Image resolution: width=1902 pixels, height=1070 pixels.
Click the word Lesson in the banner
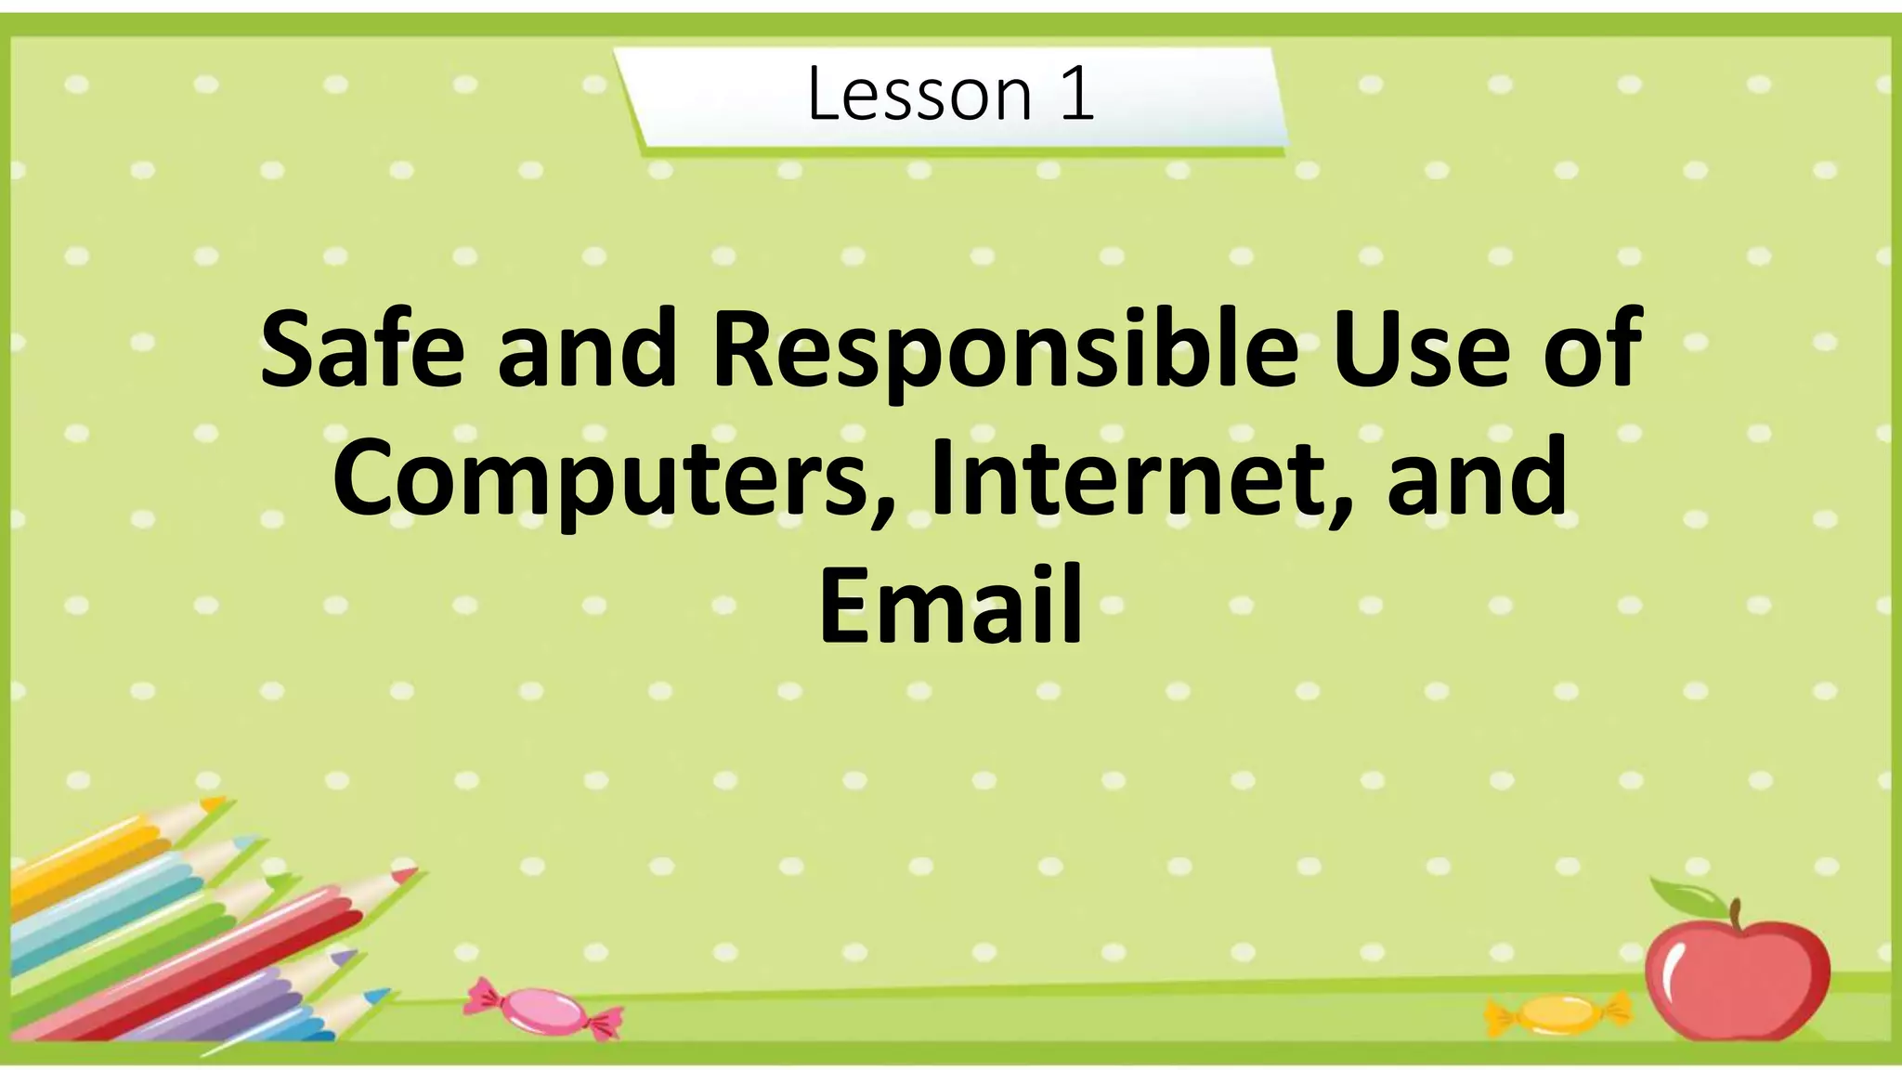[x=918, y=95]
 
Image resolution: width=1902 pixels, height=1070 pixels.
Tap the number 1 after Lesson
[x=1076, y=95]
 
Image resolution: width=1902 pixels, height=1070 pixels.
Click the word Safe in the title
[x=361, y=351]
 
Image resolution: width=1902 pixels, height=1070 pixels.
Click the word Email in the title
[x=951, y=606]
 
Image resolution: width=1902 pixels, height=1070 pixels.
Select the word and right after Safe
[x=587, y=351]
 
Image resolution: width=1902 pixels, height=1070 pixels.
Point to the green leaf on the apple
[x=1686, y=895]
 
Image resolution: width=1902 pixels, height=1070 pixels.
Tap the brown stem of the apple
[x=1734, y=915]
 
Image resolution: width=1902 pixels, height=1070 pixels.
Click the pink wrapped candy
[x=543, y=1010]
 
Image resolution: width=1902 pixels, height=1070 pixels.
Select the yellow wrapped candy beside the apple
[x=1559, y=1013]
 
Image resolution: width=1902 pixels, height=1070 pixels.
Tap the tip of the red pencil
[x=406, y=873]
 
